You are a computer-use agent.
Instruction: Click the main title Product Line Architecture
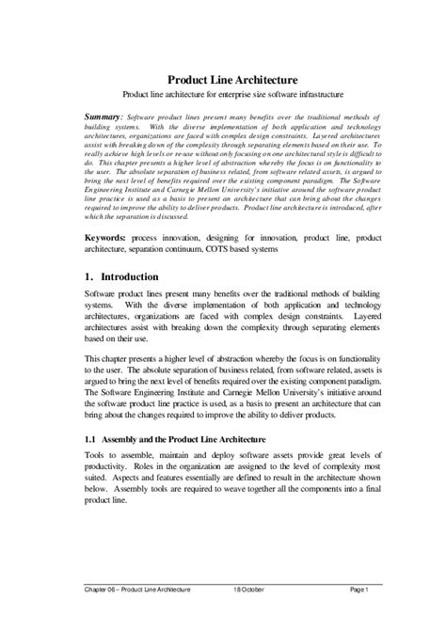point(232,82)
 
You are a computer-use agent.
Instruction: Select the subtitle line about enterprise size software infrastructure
point(232,97)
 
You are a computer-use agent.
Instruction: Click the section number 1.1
point(80,439)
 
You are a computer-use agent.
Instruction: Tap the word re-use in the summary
point(178,148)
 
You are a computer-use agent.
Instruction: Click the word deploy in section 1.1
point(216,467)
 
